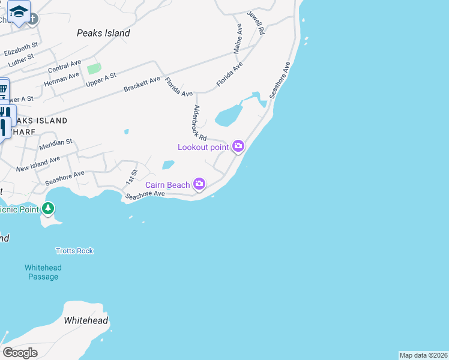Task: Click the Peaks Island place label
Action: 103,34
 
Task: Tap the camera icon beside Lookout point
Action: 238,146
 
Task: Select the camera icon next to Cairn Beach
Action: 199,184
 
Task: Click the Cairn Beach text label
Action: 167,185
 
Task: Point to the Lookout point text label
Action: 203,147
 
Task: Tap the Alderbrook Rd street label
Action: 200,124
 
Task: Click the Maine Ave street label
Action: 238,38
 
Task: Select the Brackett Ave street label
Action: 142,84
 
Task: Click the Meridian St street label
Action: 56,144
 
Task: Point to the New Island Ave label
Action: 38,164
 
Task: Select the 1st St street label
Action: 131,177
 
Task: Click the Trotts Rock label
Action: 74,251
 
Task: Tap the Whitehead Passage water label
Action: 43,272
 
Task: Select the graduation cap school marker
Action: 19,12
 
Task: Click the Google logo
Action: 20,352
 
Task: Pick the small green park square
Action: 94,68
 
